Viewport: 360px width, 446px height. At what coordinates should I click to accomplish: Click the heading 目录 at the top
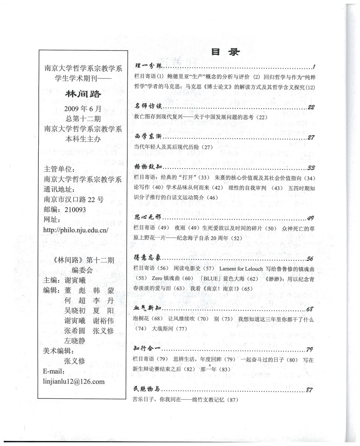[x=226, y=52]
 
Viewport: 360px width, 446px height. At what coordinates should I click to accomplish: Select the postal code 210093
[x=75, y=210]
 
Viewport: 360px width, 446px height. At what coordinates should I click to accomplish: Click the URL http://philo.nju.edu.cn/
[x=76, y=230]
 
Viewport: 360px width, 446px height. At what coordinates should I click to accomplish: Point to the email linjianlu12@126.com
[x=74, y=381]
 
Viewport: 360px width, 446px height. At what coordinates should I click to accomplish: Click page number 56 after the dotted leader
[x=311, y=259]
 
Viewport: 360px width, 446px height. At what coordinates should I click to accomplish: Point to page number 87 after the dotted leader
[x=311, y=390]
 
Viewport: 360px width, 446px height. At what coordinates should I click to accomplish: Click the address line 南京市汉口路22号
[x=74, y=199]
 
